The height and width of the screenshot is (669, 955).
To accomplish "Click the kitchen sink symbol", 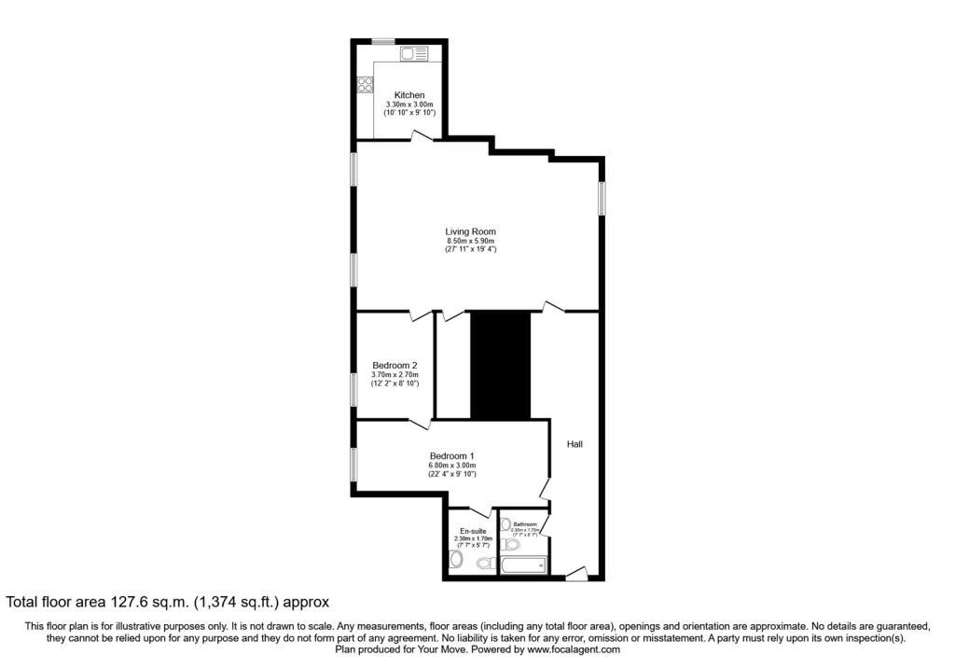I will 413,55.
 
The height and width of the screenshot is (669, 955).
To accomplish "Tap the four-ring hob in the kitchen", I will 363,85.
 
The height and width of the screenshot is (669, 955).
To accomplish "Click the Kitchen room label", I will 409,95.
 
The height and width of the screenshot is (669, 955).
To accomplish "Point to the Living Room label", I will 470,231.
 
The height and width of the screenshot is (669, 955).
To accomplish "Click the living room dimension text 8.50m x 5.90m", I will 470,241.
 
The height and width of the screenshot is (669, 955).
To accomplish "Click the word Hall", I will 574,444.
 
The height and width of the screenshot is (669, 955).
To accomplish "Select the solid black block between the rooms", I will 499,366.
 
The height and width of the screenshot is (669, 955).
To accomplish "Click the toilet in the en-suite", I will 455,560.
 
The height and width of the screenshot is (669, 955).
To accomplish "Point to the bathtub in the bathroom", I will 523,565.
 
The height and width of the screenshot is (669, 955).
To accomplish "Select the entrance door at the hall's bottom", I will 575,574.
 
